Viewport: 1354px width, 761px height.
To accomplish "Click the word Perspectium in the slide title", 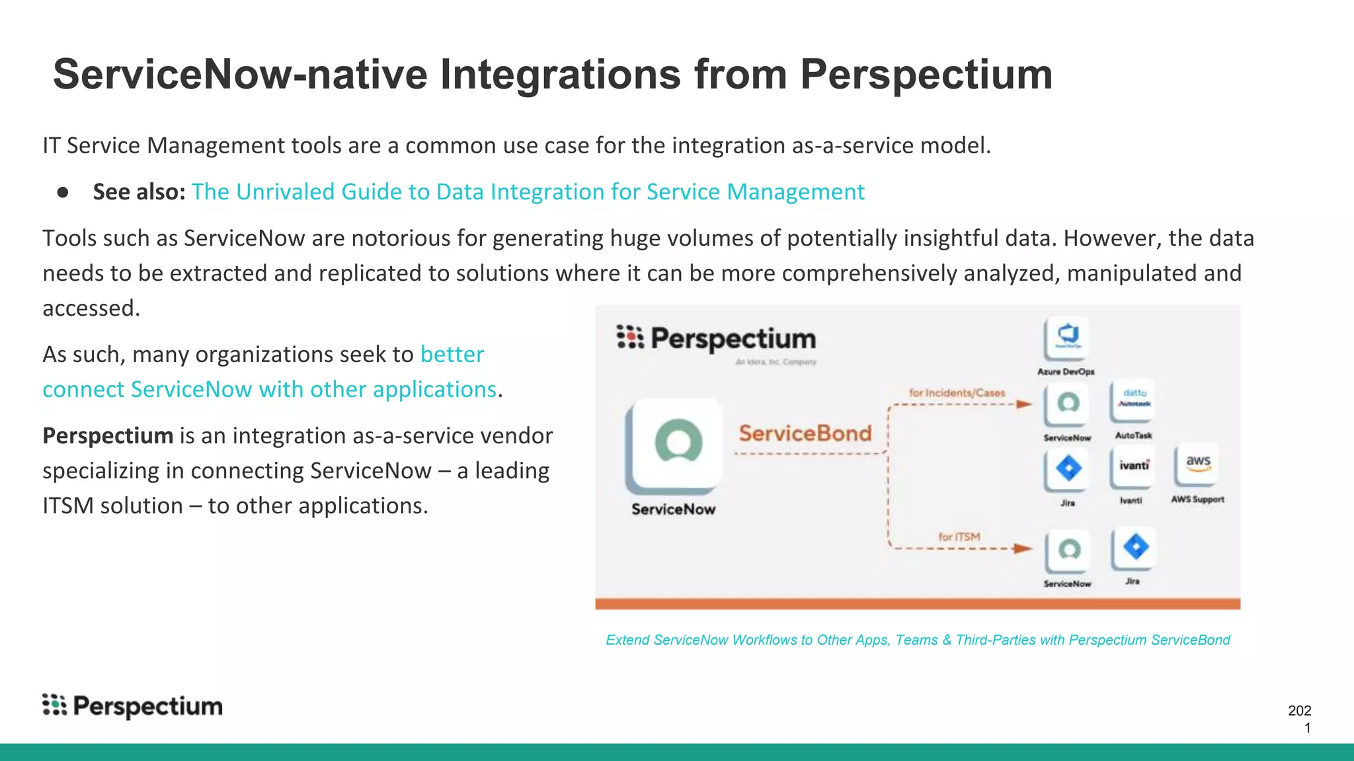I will tap(926, 74).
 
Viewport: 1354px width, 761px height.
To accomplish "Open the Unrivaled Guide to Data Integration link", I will tap(528, 192).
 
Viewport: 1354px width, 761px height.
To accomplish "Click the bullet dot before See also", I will tap(63, 192).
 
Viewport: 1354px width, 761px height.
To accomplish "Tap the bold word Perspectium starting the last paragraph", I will tap(108, 436).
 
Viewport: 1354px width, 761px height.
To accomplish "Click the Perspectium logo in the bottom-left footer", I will tap(132, 706).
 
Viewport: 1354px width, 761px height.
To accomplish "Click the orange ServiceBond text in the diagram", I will tap(805, 433).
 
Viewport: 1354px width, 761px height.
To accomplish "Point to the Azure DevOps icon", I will tap(1067, 337).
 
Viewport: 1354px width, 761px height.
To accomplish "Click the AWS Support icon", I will tap(1197, 464).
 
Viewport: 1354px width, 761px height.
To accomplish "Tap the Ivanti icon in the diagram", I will tap(1133, 467).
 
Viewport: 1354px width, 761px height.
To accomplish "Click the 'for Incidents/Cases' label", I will tap(957, 393).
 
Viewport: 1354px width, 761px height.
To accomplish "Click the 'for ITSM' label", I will tap(959, 536).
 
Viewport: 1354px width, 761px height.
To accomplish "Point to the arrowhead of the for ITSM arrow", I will tap(1023, 548).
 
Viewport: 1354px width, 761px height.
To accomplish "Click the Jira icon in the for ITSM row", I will tap(1135, 548).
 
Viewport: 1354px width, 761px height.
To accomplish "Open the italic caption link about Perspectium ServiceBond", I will tap(918, 640).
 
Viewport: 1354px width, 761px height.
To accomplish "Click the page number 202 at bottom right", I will tap(1299, 711).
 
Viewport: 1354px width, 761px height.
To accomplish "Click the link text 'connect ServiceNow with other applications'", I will tap(269, 390).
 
